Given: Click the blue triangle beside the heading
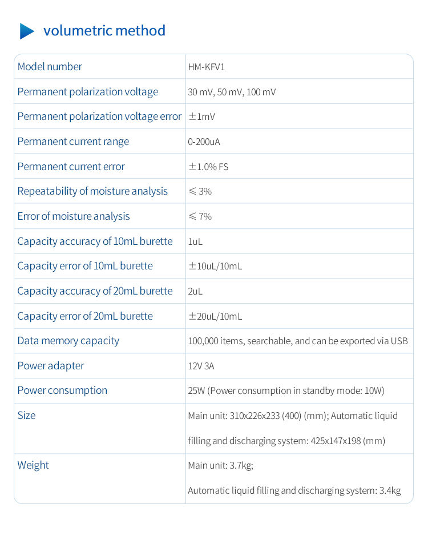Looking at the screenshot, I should tap(27, 31).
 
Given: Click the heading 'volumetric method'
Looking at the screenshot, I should tap(104, 30).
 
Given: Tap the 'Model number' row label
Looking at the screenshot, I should tap(50, 67).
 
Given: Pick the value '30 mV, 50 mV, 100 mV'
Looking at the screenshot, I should tap(232, 92).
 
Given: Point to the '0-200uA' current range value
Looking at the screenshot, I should tap(204, 142).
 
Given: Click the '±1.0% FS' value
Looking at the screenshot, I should tap(208, 167).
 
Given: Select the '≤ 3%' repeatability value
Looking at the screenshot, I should tap(200, 191).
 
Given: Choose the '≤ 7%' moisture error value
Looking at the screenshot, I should tap(200, 216).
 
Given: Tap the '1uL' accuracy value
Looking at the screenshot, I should tap(195, 241).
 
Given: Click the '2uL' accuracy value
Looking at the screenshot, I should tap(195, 291).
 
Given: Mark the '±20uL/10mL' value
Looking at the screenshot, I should tap(215, 316).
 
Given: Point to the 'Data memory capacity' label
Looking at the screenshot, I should tap(68, 341).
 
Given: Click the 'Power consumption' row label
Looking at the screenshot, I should tap(62, 390).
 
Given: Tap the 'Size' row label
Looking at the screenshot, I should tap(26, 416).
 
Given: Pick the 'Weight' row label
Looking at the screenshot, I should tap(33, 465).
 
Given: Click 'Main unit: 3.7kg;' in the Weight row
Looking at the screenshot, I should tap(220, 466).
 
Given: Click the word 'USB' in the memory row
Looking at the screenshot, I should tap(399, 341).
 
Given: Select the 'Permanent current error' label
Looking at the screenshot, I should tap(71, 167).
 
